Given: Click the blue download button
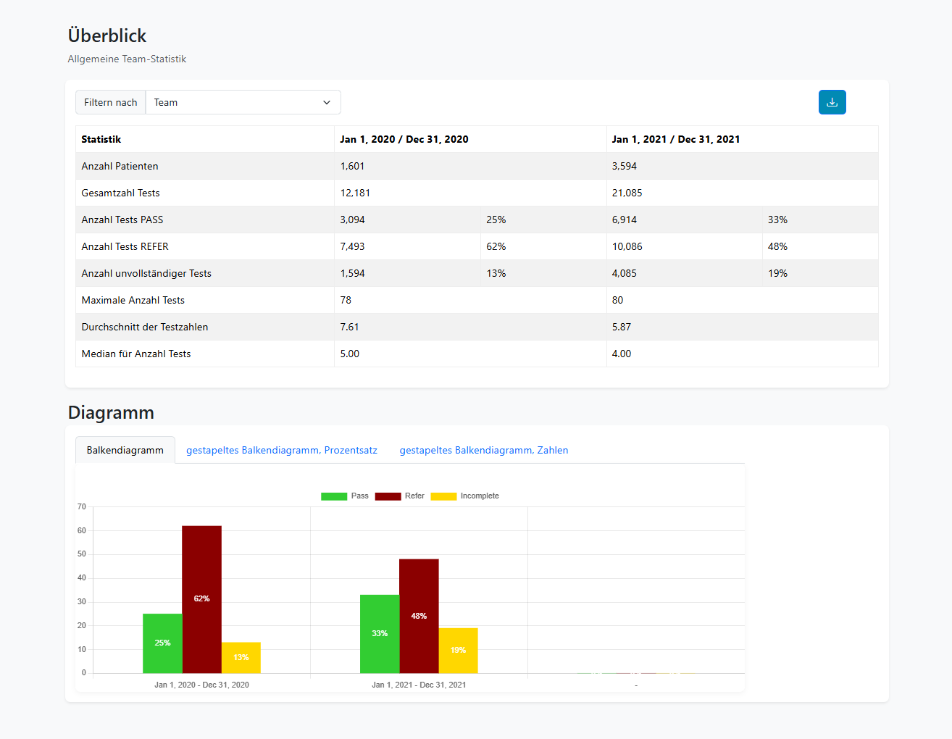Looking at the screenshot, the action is [832, 102].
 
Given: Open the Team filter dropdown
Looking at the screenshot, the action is [243, 102].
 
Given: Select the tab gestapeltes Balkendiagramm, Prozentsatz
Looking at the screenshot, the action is [282, 450].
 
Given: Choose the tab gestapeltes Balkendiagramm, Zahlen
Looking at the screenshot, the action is [484, 450].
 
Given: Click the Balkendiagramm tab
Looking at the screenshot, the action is [125, 450].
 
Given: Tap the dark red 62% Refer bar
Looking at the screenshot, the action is [201, 599].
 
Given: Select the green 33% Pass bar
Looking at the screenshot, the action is [380, 633].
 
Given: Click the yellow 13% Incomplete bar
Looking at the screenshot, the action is [241, 657].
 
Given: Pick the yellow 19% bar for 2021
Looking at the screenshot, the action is [458, 650].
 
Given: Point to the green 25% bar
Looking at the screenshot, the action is [162, 643].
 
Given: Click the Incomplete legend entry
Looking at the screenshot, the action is [465, 496].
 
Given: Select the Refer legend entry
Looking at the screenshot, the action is [399, 496].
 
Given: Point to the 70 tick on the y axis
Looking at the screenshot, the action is [82, 507].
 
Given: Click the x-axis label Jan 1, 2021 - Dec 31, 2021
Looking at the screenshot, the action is [419, 685].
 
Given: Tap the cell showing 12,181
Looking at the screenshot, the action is [355, 193].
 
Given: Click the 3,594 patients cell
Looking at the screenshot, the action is [625, 166].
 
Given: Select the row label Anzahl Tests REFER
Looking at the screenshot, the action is [125, 246].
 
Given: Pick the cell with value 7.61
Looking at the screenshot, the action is [349, 327].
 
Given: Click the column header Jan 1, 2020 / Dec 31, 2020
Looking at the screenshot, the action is [404, 139].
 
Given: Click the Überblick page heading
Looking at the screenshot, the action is [107, 36].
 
